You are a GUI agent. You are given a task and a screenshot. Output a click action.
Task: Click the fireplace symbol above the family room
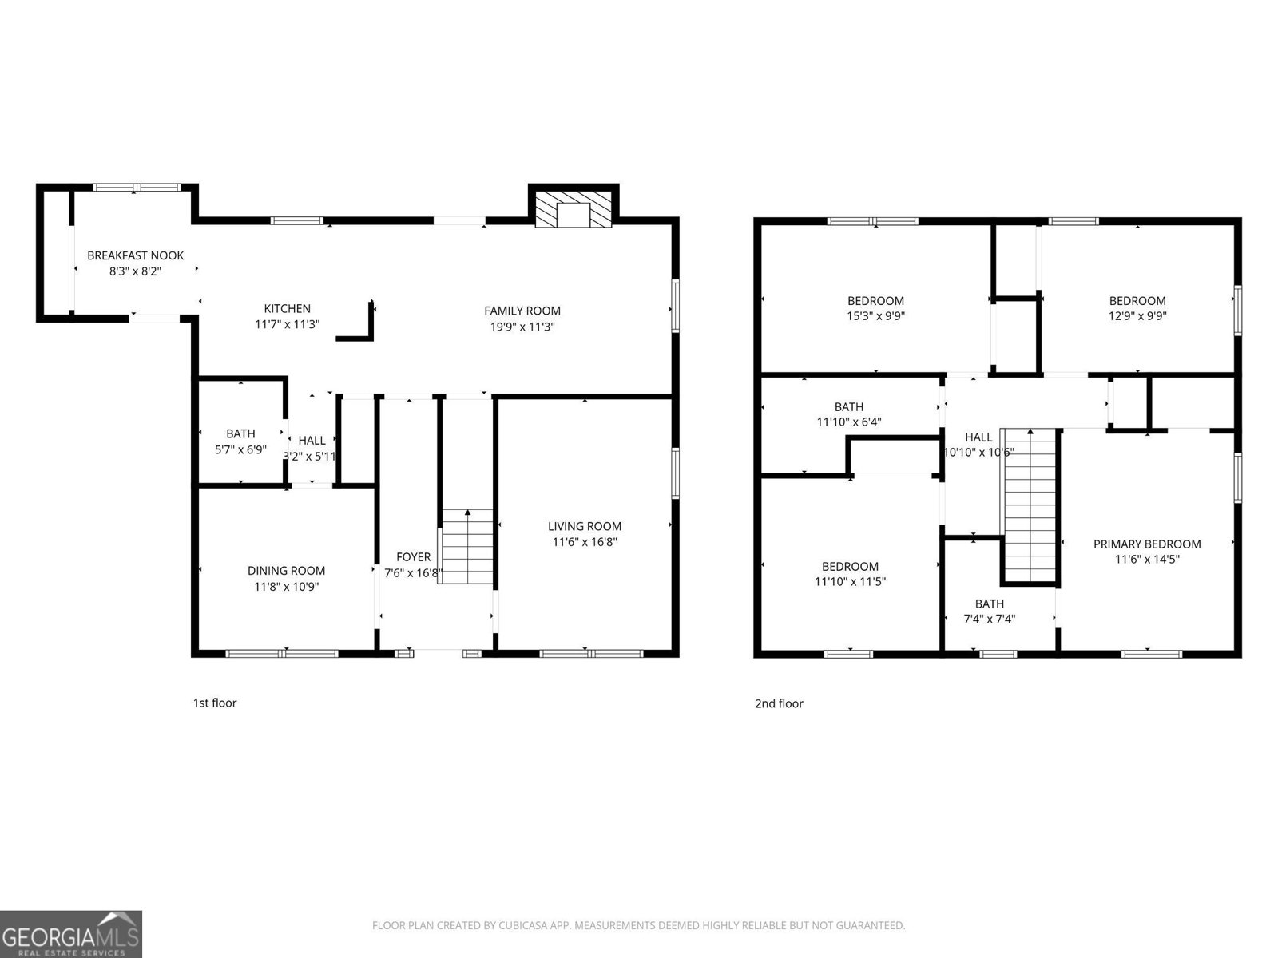pyautogui.click(x=573, y=209)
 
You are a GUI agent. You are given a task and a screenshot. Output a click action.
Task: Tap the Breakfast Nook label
pyautogui.click(x=135, y=255)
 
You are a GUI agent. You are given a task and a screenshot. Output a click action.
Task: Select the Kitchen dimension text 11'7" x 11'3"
pyautogui.click(x=288, y=324)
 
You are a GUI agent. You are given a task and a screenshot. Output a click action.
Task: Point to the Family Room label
pyautogui.click(x=522, y=311)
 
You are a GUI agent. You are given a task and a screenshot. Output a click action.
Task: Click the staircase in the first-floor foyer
pyautogui.click(x=466, y=547)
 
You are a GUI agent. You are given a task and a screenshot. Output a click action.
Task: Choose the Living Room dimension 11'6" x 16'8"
pyautogui.click(x=585, y=542)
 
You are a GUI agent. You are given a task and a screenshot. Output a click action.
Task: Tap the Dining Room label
pyautogui.click(x=286, y=571)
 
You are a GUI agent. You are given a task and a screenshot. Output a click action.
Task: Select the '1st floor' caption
pyautogui.click(x=214, y=703)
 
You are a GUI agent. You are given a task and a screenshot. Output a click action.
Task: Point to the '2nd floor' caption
pyautogui.click(x=779, y=703)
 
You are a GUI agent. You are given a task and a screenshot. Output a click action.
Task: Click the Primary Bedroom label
pyautogui.click(x=1147, y=544)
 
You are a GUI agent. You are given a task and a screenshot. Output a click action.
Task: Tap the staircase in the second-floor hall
pyautogui.click(x=1030, y=507)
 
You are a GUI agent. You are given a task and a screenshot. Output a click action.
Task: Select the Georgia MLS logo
pyautogui.click(x=70, y=933)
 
